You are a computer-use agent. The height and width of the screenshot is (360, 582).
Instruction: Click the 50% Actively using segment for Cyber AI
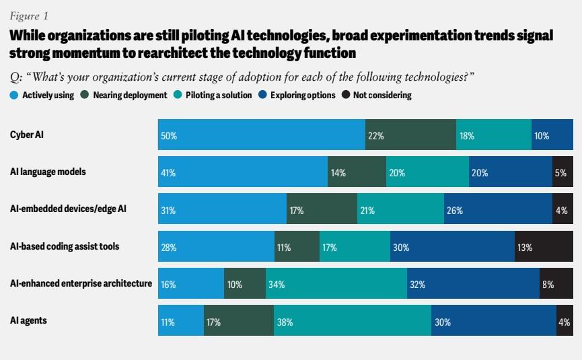pyautogui.click(x=261, y=135)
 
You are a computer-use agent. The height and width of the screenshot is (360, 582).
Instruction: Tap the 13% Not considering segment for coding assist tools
pyautogui.click(x=544, y=246)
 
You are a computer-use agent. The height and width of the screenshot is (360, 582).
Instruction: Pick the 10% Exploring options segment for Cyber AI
pyautogui.click(x=552, y=135)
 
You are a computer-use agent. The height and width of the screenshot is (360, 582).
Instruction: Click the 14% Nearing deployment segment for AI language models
pyautogui.click(x=357, y=172)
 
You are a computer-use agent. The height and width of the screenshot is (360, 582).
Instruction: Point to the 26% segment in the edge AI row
pyautogui.click(x=498, y=209)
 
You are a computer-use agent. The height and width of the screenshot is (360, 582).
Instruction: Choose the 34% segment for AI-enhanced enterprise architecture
pyautogui.click(x=336, y=283)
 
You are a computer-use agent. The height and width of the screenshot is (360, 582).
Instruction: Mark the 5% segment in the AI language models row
pyautogui.click(x=562, y=172)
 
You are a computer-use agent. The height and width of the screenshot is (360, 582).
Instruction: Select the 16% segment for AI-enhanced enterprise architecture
pyautogui.click(x=190, y=283)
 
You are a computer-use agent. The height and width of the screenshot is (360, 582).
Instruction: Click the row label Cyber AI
pyautogui.click(x=27, y=135)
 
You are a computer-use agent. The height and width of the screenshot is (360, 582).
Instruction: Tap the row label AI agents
pyautogui.click(x=28, y=320)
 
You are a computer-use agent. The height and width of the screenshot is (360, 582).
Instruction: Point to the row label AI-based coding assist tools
pyautogui.click(x=65, y=246)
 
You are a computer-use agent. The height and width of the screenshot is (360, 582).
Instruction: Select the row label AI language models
pyautogui.click(x=48, y=172)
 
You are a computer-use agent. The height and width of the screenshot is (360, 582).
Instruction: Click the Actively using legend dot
pyautogui.click(x=14, y=95)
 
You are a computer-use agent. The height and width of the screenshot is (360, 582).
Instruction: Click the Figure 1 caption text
pyautogui.click(x=28, y=15)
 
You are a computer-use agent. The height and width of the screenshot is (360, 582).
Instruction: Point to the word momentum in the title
pyautogui.click(x=81, y=52)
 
